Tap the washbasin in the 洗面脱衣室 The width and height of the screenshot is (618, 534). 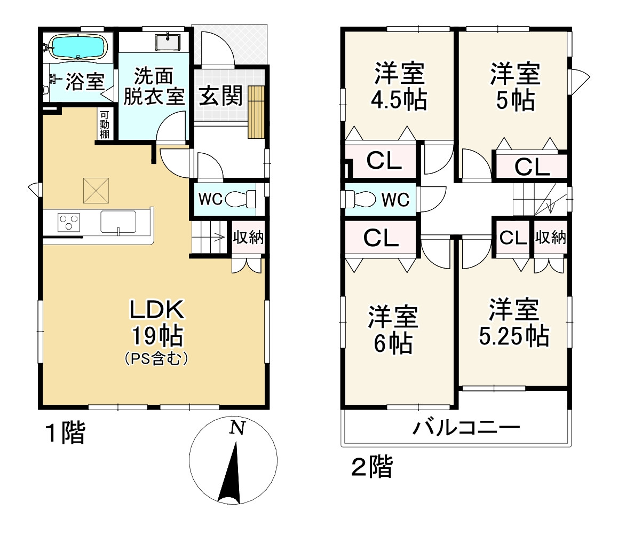[x=168, y=42]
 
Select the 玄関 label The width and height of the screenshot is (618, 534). [x=220, y=96]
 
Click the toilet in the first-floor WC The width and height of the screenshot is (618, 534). [x=240, y=199]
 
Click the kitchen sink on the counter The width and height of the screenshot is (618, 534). [x=118, y=222]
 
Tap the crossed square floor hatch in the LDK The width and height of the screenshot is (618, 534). [x=96, y=191]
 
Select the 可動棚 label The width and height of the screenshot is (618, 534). [x=104, y=124]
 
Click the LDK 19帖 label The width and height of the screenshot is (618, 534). [x=157, y=323]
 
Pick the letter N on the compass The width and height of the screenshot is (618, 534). [x=237, y=428]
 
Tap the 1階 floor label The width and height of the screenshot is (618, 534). [x=66, y=432]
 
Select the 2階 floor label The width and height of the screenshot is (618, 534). [x=371, y=466]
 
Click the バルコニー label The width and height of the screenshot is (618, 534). [x=466, y=428]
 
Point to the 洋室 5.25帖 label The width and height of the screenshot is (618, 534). [x=514, y=323]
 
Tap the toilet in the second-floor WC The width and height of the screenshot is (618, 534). [x=360, y=199]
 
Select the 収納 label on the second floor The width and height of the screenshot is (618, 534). [x=550, y=238]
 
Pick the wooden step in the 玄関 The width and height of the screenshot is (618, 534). [x=256, y=112]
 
